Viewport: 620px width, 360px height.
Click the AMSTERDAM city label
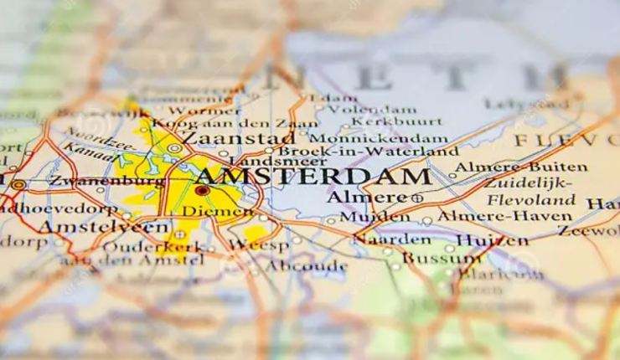click(312, 177)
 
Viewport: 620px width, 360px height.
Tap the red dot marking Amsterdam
click(201, 191)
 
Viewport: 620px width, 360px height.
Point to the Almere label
click(361, 198)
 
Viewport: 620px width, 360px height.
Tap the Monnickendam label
click(378, 137)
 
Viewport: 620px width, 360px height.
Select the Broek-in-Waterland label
click(367, 152)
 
